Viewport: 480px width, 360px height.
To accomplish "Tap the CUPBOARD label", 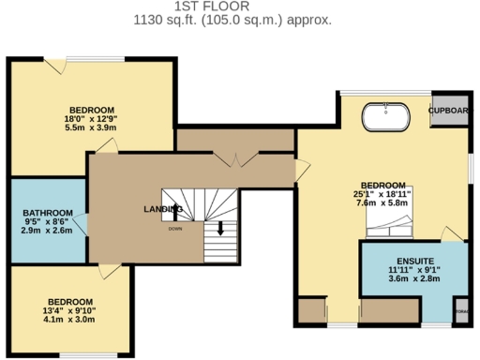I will pyautogui.click(x=450, y=111).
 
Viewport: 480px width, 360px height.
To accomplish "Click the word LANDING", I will pyautogui.click(x=162, y=208).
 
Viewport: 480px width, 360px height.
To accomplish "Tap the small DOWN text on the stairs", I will pyautogui.click(x=175, y=229).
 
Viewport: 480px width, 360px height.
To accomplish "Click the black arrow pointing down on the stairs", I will pyautogui.click(x=221, y=228).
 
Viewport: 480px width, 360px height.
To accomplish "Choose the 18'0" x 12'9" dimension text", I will pyautogui.click(x=90, y=119).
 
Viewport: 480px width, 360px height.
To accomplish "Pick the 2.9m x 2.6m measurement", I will pyautogui.click(x=47, y=230).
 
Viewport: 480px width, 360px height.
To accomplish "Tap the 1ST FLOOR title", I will pyautogui.click(x=232, y=6).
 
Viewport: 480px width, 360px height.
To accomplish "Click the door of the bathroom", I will pyautogui.click(x=84, y=222).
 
